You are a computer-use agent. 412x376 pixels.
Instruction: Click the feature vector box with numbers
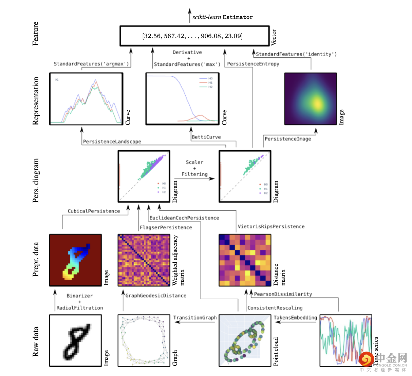coord(194,36)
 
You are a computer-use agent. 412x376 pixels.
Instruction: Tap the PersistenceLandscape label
coord(112,142)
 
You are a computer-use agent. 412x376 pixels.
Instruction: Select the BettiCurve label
coord(206,137)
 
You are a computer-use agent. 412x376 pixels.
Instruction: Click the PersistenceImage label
coord(288,139)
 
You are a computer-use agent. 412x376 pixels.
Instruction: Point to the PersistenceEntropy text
coord(253,64)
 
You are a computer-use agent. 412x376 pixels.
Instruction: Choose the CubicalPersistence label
coord(94,211)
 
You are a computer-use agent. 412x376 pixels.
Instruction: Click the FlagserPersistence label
coord(166,227)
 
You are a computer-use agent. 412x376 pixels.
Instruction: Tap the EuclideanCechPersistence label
coord(184,218)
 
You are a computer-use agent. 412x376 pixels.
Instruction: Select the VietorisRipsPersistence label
coord(271,226)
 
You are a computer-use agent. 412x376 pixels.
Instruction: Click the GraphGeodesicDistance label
coord(156,296)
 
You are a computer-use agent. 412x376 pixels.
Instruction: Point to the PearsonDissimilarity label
coord(283,294)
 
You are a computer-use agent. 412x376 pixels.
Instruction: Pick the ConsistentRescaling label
coord(275,308)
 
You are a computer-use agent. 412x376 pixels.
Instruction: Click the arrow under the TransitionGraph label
coord(195,322)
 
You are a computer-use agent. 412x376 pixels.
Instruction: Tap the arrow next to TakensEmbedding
coord(278,322)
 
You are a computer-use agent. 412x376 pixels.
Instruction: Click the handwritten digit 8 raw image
coord(76,340)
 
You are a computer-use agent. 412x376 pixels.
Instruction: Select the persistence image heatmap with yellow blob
coord(311,99)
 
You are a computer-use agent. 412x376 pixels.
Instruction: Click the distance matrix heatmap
coord(245,260)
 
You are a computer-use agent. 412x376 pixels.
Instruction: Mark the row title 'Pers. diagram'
coord(36,181)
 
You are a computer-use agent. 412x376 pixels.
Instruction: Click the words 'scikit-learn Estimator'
coord(223,17)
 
